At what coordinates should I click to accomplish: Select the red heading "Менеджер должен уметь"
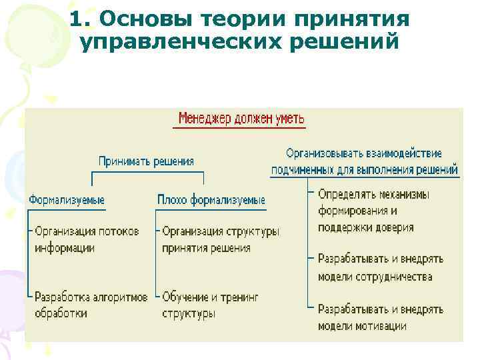[241, 119]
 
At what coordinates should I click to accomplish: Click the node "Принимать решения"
[146, 161]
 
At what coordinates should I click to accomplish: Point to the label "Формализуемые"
[66, 199]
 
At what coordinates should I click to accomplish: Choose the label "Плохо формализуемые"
[211, 199]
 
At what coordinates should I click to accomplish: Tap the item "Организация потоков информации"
[87, 239]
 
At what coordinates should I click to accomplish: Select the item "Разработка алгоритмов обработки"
[91, 305]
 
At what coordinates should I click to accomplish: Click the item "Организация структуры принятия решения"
[220, 239]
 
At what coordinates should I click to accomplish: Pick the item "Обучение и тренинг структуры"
[210, 305]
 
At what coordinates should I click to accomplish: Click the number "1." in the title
[79, 19]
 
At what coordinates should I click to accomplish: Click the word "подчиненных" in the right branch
[303, 169]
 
